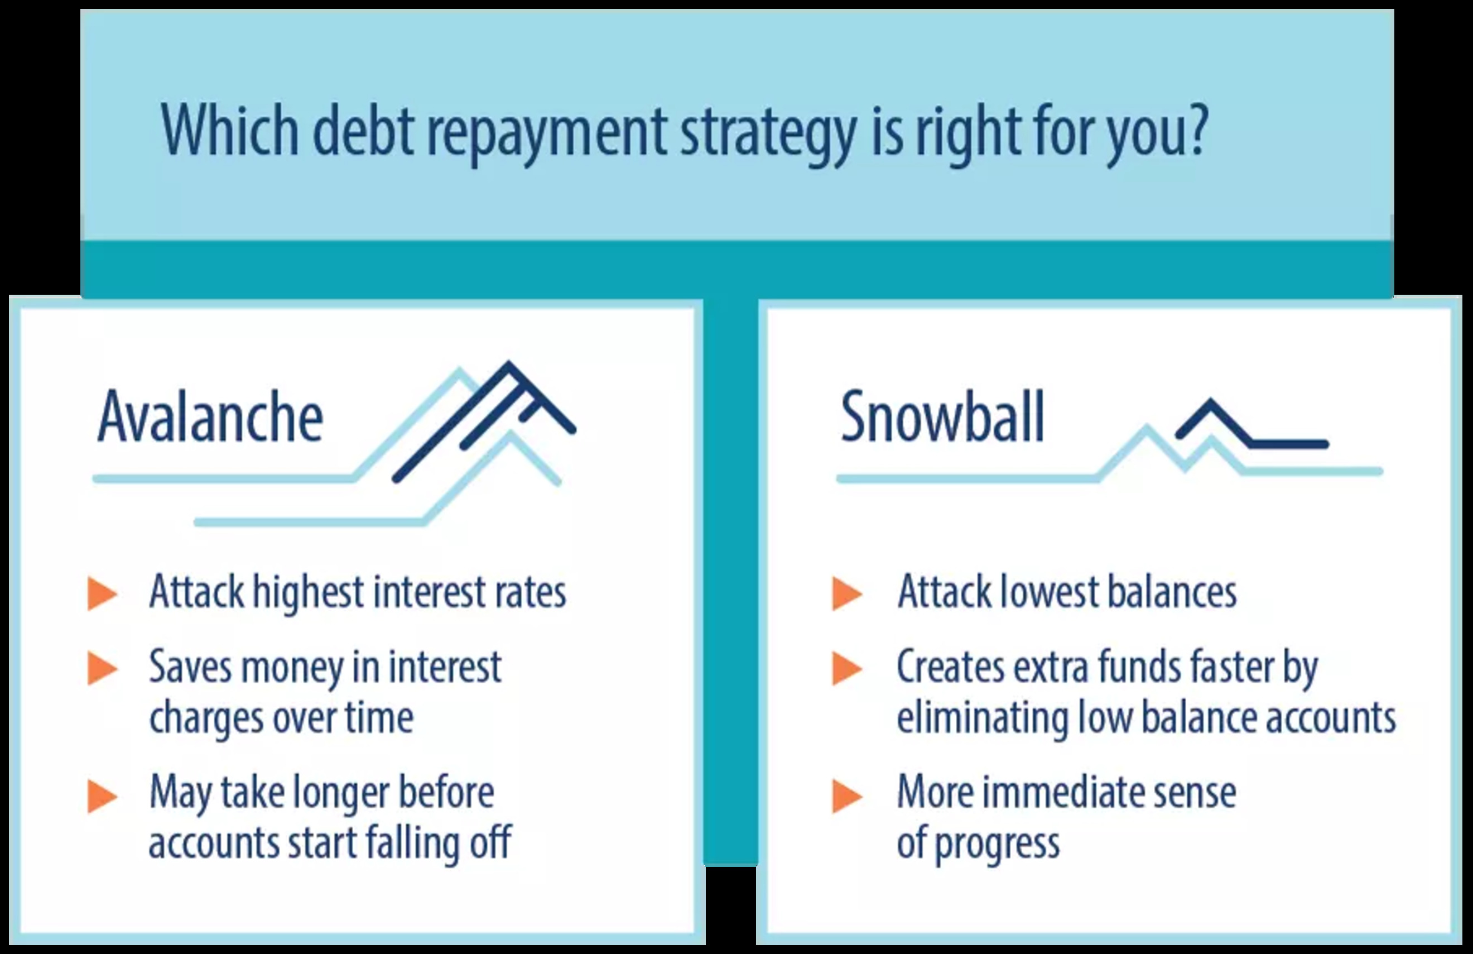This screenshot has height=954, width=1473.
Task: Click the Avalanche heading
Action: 210,416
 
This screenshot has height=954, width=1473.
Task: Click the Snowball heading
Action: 942,416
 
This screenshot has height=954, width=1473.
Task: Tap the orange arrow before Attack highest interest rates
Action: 103,594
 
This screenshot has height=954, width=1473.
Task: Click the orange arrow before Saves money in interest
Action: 103,669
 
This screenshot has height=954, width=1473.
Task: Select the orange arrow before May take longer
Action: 103,796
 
